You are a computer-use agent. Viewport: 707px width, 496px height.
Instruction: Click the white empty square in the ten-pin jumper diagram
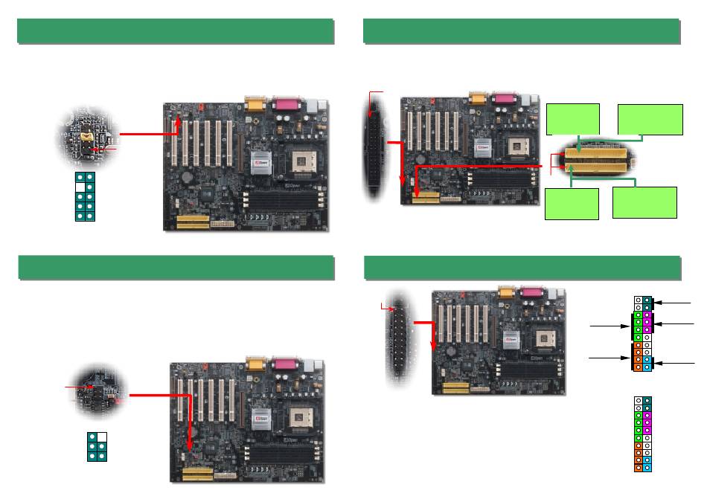(80, 187)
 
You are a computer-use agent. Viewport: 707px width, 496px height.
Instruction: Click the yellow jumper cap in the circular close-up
(89, 136)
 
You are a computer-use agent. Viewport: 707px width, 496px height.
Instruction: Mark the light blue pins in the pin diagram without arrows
(647, 463)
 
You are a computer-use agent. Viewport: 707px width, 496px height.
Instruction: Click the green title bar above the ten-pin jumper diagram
(175, 31)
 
